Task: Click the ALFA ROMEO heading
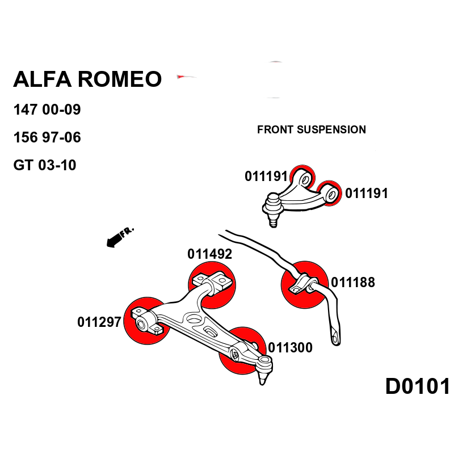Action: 87,79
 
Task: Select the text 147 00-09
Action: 47,110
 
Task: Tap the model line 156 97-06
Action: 47,137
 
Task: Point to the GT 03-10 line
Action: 45,165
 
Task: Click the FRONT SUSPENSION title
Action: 312,130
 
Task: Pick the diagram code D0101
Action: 418,386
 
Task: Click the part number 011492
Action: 210,254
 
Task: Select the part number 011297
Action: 99,322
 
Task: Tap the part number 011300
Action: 290,347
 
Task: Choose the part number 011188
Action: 353,282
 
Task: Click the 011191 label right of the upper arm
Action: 367,194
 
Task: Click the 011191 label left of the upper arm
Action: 266,176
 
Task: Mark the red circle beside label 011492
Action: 211,284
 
